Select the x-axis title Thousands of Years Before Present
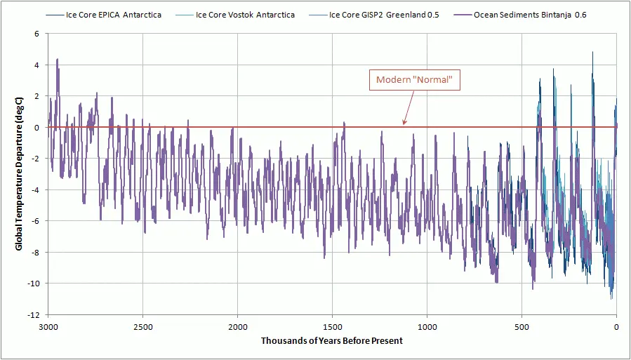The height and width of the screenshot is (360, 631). [332, 341]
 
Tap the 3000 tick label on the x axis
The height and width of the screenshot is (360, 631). [48, 326]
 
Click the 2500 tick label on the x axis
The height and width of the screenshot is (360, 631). [142, 326]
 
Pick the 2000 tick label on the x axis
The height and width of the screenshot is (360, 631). [237, 326]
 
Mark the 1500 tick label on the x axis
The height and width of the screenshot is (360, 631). [332, 326]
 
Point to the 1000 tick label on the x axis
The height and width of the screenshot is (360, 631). [427, 326]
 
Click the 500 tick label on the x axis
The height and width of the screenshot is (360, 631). [522, 326]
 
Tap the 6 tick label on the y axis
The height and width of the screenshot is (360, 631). [36, 34]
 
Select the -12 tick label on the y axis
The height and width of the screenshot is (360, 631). [32, 314]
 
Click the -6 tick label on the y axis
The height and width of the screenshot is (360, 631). [34, 220]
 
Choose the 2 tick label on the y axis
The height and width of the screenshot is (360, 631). [36, 96]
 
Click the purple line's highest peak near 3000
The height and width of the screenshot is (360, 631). [57, 60]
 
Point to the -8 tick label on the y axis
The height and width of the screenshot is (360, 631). [34, 252]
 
